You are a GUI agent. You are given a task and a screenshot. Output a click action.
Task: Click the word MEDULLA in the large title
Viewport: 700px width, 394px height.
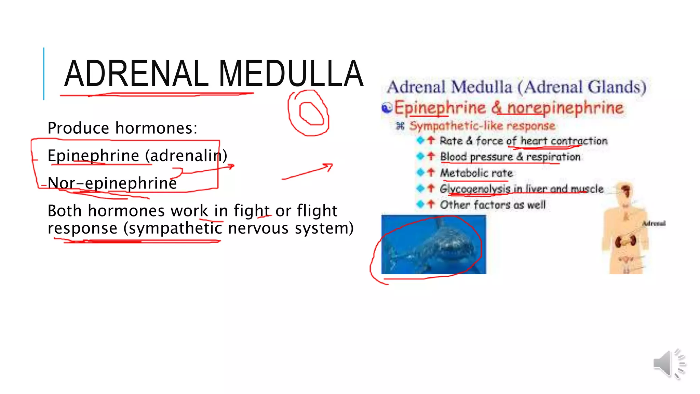[291, 74]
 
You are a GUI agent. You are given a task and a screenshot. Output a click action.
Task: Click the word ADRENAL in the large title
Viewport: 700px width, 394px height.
[136, 74]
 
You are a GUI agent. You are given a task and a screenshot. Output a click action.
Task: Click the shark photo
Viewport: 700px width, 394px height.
[433, 245]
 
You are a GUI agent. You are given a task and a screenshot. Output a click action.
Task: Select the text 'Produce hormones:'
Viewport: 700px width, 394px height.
[122, 128]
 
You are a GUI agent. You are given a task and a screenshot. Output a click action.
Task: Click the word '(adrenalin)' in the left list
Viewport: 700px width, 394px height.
[186, 156]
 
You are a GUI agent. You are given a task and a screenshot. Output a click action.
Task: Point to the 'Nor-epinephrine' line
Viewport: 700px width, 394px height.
[112, 183]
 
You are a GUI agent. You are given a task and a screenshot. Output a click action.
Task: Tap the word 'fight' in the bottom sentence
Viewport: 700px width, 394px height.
[251, 211]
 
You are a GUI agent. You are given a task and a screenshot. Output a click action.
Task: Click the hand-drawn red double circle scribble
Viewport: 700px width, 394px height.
[309, 113]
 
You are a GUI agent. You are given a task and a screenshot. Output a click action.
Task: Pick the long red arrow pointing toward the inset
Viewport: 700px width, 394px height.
[308, 171]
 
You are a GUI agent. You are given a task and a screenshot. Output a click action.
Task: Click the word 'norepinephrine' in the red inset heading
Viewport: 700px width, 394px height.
[565, 108]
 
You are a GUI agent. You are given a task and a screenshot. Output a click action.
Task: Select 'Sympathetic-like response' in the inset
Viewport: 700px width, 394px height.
[482, 126]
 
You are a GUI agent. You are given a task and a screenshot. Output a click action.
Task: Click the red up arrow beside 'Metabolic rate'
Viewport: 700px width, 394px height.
[431, 172]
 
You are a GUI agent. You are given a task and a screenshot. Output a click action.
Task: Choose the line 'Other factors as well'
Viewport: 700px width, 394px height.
[492, 205]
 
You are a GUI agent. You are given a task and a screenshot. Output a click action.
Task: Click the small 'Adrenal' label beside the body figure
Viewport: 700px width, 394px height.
[654, 223]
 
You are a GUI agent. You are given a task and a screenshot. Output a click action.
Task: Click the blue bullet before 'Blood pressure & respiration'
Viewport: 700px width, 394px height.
[420, 156]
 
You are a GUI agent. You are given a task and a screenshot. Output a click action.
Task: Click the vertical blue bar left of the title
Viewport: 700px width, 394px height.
[44, 74]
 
